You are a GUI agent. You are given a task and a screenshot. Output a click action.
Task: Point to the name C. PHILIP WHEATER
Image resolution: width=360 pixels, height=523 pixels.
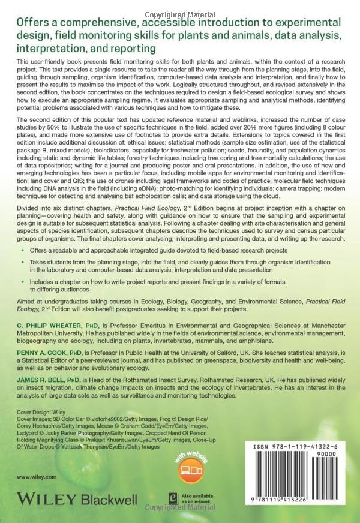(x=46, y=324)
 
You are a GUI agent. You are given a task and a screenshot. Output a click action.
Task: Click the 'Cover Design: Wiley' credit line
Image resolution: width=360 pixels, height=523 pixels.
(x=37, y=413)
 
